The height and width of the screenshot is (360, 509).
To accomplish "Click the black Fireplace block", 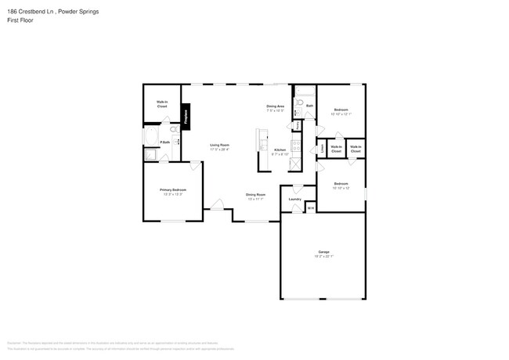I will click(x=186, y=117).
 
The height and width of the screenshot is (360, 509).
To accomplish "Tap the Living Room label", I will click(x=219, y=145).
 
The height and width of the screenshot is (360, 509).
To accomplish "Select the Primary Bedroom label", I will click(x=172, y=190).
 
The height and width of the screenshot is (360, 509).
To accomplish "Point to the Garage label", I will click(x=323, y=252).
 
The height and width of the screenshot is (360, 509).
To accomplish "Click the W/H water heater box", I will click(x=310, y=207).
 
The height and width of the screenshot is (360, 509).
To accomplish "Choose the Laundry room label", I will click(x=295, y=199).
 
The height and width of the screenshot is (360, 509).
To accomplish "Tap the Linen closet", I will click(x=322, y=148).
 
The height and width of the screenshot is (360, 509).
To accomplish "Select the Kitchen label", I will click(x=280, y=150).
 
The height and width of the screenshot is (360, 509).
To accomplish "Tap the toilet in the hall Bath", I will click(x=300, y=104).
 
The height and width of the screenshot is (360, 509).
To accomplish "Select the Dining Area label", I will click(x=275, y=106).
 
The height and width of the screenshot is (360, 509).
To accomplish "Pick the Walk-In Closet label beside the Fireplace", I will click(x=162, y=103).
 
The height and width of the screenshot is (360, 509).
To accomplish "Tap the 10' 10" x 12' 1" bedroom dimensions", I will click(x=341, y=114).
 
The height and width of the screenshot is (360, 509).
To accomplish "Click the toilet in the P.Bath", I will click(x=174, y=129).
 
